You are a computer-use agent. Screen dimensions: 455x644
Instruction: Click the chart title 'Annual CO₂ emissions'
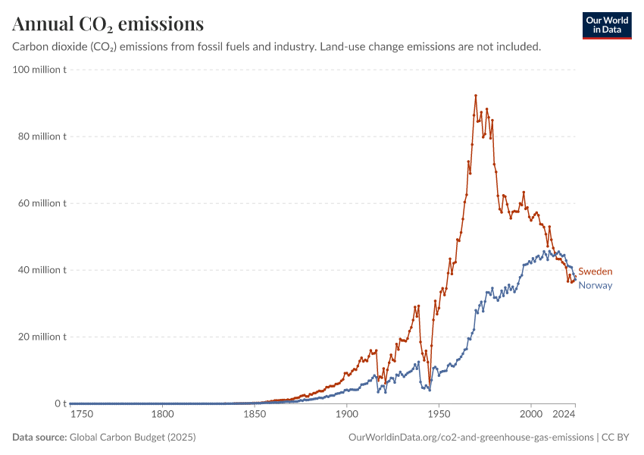(108, 24)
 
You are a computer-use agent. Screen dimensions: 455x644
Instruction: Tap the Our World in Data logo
(607, 25)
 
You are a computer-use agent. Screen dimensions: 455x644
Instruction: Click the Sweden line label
(595, 271)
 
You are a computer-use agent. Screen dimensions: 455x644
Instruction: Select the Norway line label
(595, 285)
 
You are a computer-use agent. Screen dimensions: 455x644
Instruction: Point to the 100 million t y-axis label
(40, 70)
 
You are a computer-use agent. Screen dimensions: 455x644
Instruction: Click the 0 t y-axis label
(60, 403)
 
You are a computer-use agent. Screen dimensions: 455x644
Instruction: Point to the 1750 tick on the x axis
(81, 415)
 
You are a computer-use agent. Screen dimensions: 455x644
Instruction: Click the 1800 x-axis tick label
(162, 415)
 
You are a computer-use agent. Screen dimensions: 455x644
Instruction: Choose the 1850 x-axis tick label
(255, 415)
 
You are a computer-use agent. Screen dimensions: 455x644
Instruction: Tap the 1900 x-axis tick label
(346, 415)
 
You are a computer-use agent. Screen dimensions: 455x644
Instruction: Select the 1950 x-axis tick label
(439, 415)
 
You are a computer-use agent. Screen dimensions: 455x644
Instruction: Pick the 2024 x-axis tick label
(564, 415)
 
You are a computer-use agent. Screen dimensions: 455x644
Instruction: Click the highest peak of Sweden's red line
(476, 96)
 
